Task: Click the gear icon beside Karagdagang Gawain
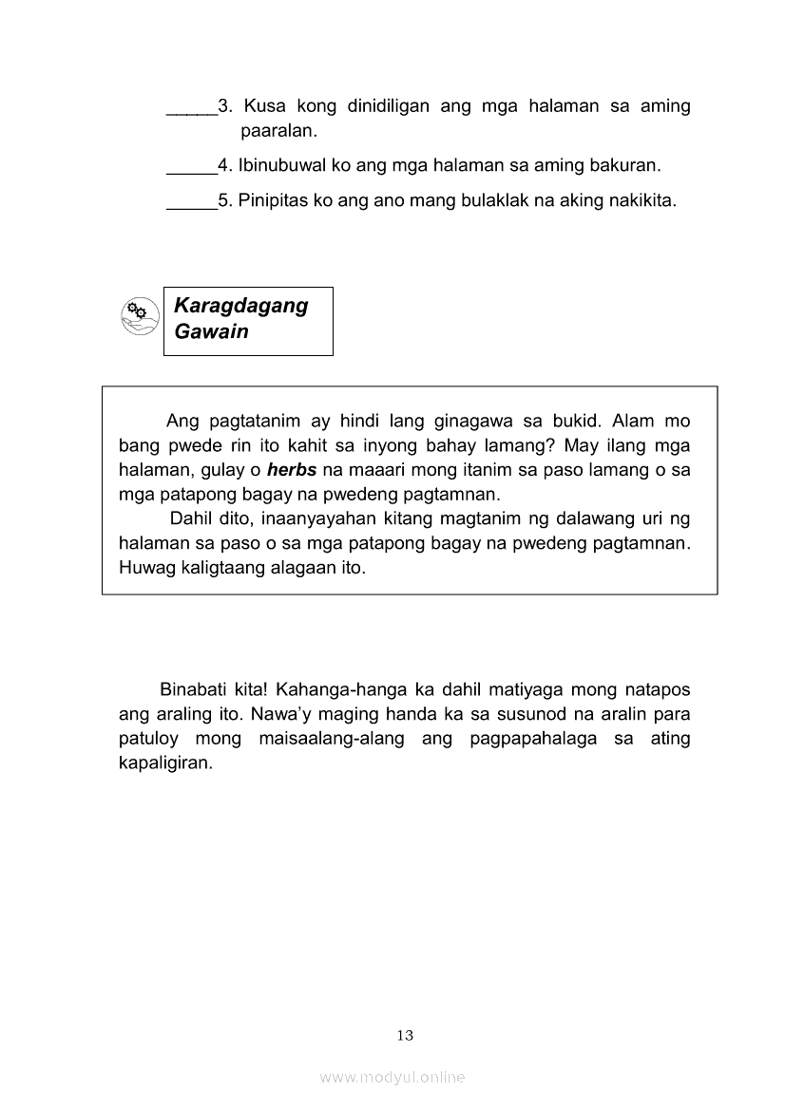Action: coord(139,316)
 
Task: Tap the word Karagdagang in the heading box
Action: coord(241,306)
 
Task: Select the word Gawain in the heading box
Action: coord(211,331)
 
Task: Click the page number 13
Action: coord(406,1035)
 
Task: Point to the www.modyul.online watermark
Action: coord(392,1078)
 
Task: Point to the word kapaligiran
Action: coord(166,762)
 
